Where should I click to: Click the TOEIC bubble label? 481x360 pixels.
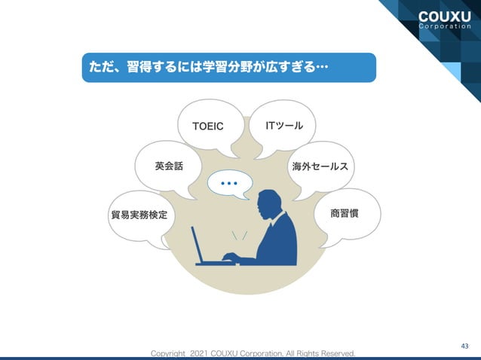[208, 126]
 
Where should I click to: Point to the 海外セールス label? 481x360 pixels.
[319, 165]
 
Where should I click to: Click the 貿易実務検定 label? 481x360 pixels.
[138, 216]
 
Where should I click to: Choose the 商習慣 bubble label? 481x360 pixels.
[344, 214]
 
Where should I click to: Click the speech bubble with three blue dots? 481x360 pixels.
[228, 184]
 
